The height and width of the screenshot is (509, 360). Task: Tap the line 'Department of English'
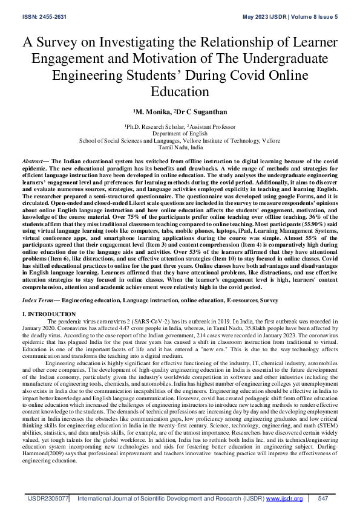click(180, 133)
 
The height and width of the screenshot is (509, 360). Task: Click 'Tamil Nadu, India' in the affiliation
click(180, 147)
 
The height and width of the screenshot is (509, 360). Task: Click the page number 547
click(322, 499)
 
